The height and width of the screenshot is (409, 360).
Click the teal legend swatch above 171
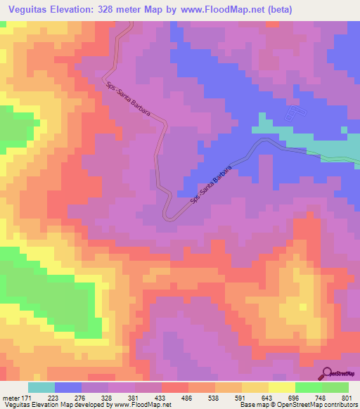(41, 387)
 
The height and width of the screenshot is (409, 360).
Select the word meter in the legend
(12, 398)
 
